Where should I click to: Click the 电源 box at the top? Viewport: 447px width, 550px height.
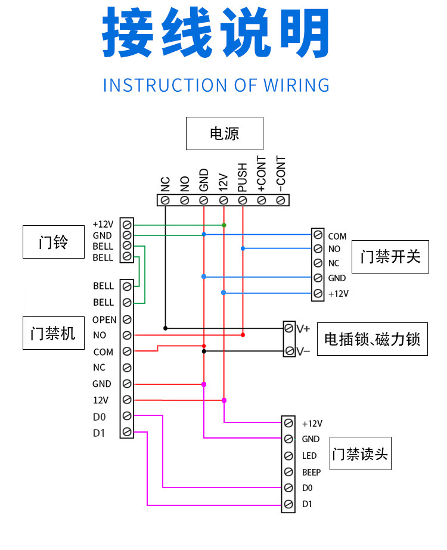coord(224,133)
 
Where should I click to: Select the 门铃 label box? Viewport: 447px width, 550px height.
coord(53,242)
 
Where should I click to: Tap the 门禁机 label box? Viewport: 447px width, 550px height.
coord(53,333)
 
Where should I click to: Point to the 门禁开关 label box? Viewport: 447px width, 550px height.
coord(390,257)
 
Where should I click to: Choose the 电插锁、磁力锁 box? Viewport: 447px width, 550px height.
coord(372,339)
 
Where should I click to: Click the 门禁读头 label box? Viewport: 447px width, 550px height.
coord(360,454)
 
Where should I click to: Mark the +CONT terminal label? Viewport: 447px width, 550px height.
coord(261,174)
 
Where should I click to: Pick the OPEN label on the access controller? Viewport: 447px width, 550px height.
coord(104,320)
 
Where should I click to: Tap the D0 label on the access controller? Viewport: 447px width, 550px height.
coord(99,415)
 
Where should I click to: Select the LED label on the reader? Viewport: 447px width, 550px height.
coord(309,456)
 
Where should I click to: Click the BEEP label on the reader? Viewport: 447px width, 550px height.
coord(311,472)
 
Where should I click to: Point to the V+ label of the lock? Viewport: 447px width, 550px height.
coord(303,328)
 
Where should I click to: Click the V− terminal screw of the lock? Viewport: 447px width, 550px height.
coord(289,351)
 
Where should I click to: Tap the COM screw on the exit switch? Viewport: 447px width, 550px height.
coord(318,236)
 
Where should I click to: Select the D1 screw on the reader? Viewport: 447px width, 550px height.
coord(288,505)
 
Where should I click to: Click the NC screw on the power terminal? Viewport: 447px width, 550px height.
coord(165,200)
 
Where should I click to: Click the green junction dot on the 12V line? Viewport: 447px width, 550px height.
coord(223,225)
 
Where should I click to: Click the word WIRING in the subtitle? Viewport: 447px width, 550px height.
coord(295,85)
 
